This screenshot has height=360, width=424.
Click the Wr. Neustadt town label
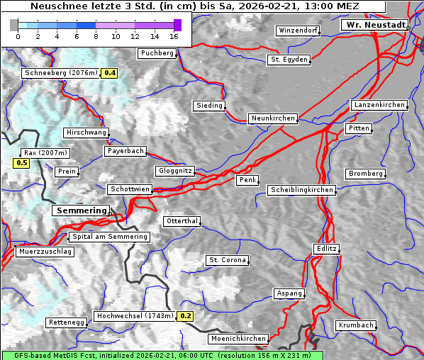tap(374, 25)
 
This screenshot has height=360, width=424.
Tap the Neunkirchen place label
tap(272, 118)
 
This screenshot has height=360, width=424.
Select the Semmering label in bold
tap(81, 210)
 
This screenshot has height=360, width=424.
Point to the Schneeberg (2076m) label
tap(60, 73)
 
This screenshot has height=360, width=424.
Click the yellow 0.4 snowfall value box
tap(110, 73)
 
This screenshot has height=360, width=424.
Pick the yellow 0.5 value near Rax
tap(22, 163)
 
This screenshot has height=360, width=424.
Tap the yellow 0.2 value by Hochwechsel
tap(185, 316)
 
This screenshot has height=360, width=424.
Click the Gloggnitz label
tap(174, 171)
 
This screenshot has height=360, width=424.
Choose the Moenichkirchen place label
tap(239, 339)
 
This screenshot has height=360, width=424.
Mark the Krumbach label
tap(355, 325)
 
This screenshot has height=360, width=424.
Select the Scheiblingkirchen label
tap(301, 190)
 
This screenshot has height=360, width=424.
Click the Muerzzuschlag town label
tap(45, 252)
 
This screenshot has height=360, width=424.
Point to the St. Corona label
tap(227, 260)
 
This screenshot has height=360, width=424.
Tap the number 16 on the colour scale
tap(174, 36)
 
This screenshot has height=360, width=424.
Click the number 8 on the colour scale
tap(96, 36)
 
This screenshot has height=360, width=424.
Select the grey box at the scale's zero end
tap(14, 25)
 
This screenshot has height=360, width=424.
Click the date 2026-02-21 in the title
tap(272, 6)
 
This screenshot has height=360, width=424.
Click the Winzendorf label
tap(298, 31)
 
